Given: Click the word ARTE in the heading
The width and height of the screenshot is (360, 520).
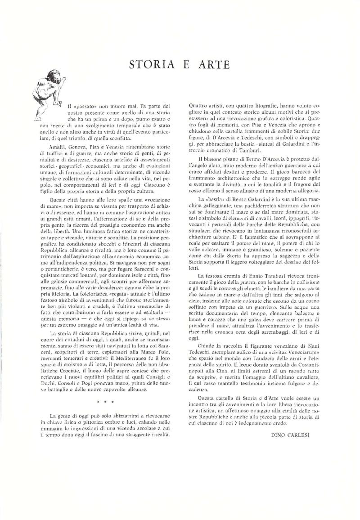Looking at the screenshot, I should coord(214,65).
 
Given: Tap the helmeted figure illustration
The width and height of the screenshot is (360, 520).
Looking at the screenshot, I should coord(49,97).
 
